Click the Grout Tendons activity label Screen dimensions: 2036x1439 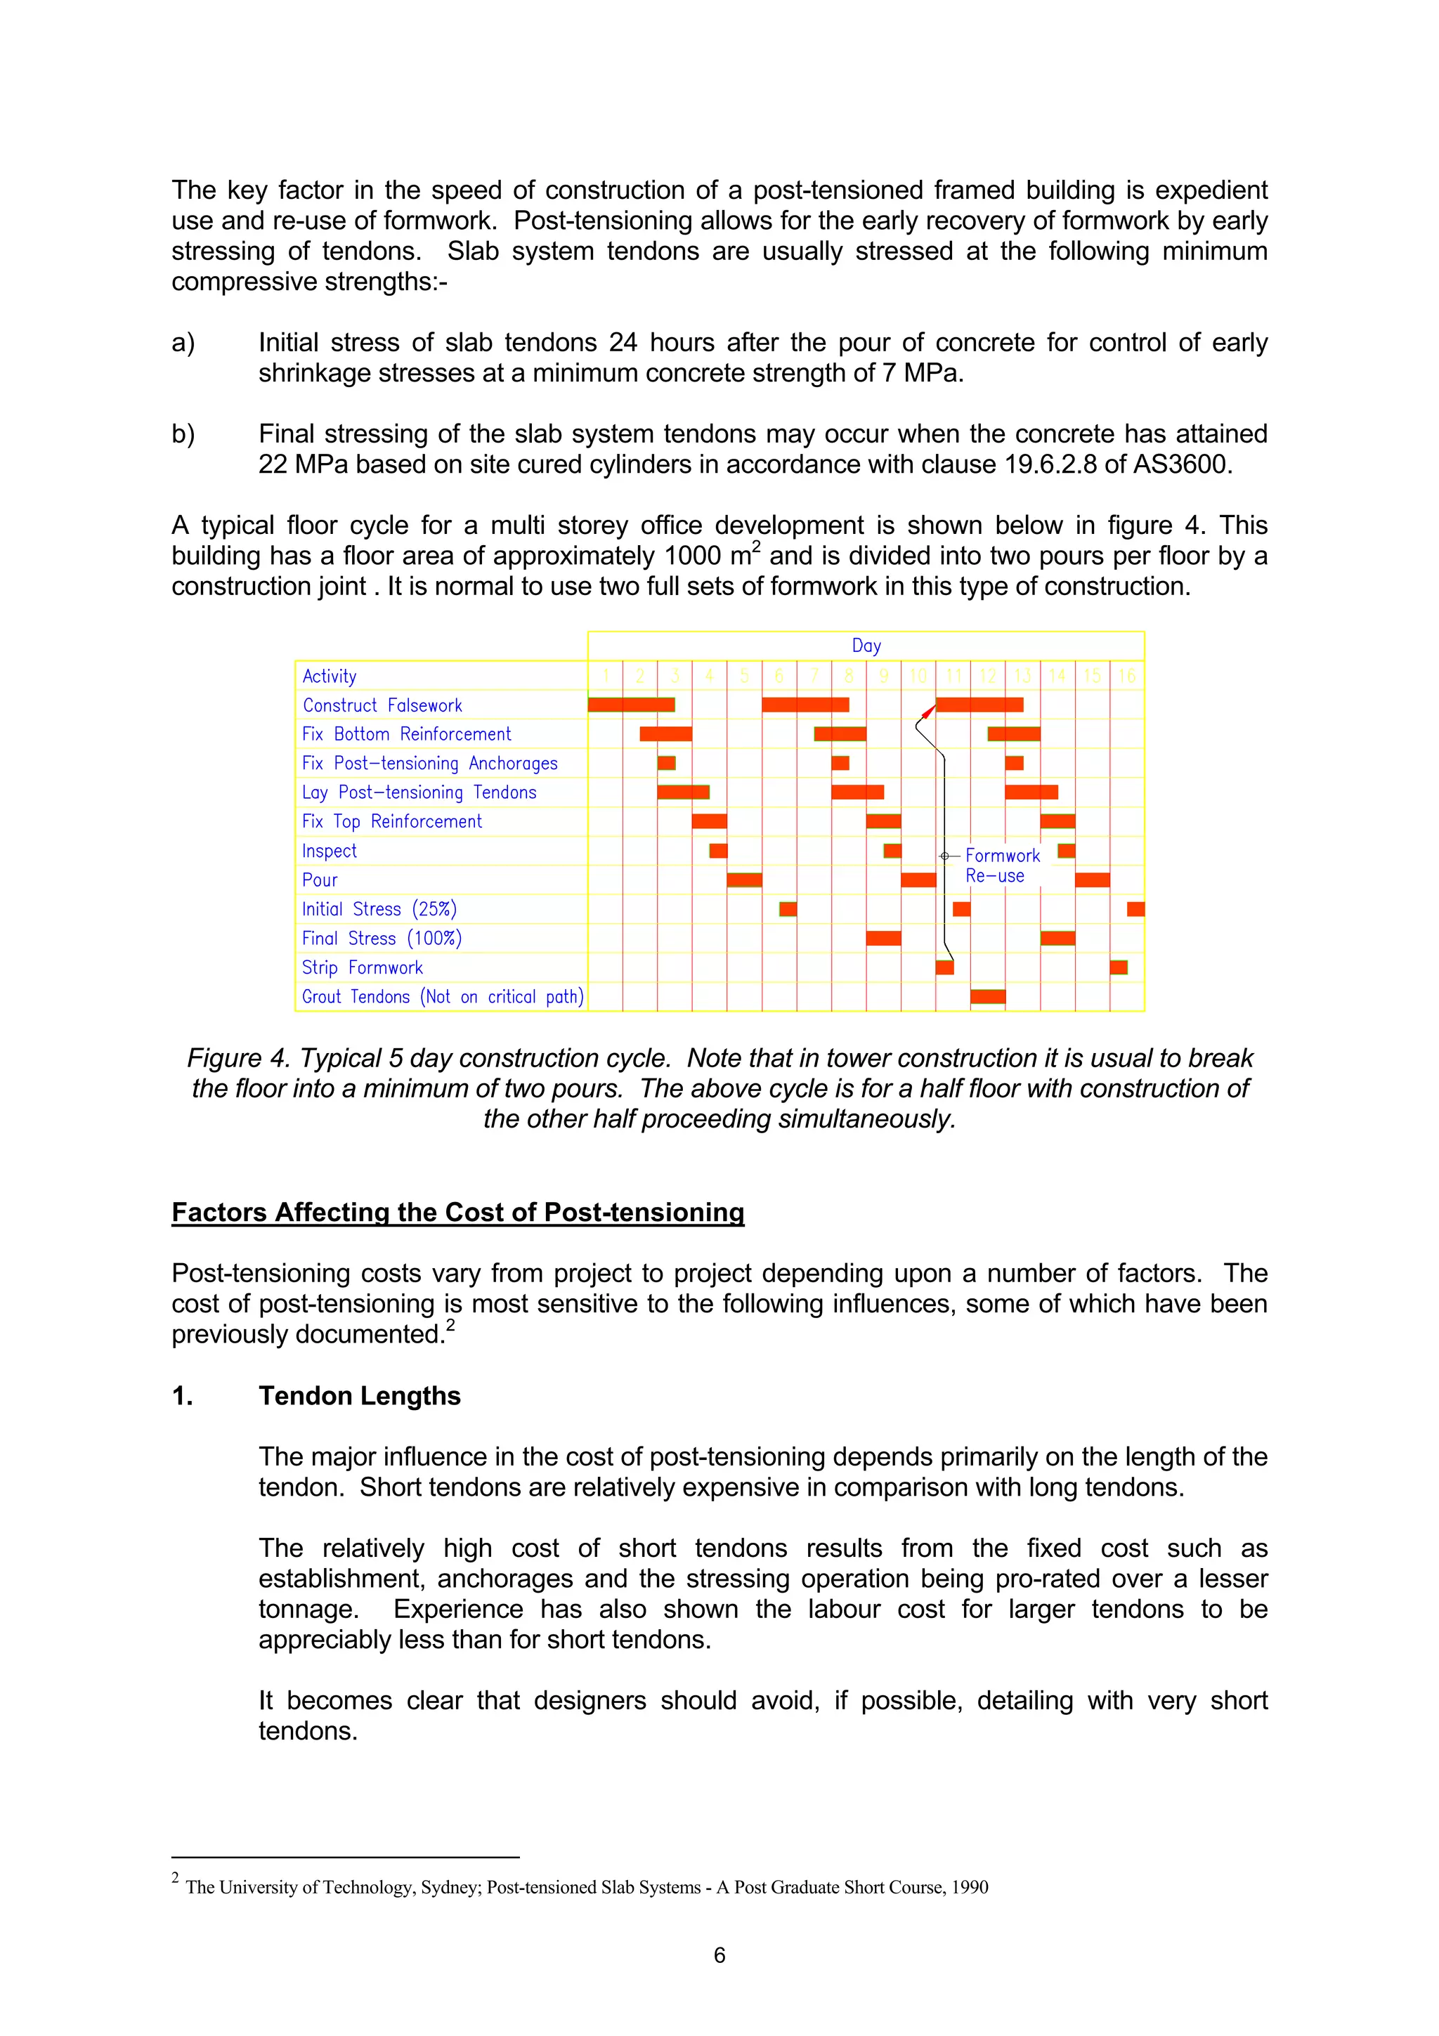click(441, 997)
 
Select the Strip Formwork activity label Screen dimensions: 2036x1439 click(362, 967)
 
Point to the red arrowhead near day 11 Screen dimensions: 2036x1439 click(927, 711)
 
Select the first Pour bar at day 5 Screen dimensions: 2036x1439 click(744, 880)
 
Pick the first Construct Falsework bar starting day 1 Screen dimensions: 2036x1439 click(631, 705)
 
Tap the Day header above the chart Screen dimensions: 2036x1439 click(866, 646)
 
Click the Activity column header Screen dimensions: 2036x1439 click(329, 677)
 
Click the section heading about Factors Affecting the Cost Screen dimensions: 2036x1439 click(457, 1212)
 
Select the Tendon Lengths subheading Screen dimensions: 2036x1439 click(359, 1396)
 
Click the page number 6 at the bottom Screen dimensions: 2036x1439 click(719, 1955)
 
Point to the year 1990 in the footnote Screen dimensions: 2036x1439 click(970, 1887)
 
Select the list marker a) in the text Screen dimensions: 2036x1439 click(183, 343)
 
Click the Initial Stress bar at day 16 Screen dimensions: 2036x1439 click(1135, 909)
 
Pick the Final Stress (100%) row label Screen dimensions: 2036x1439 click(382, 938)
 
